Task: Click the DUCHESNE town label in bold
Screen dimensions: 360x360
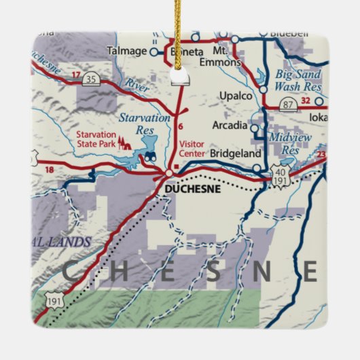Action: coord(193,189)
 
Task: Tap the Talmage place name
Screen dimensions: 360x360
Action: coord(127,51)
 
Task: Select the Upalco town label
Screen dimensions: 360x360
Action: coord(236,96)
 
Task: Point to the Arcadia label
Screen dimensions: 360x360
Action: coord(230,125)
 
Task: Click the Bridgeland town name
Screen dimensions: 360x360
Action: coord(231,154)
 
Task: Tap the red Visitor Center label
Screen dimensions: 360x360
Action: coord(192,149)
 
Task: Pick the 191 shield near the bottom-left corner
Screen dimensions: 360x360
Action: coord(53,299)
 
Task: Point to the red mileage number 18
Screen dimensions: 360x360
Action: coord(48,169)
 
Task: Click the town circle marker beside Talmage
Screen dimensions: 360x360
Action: coord(154,51)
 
